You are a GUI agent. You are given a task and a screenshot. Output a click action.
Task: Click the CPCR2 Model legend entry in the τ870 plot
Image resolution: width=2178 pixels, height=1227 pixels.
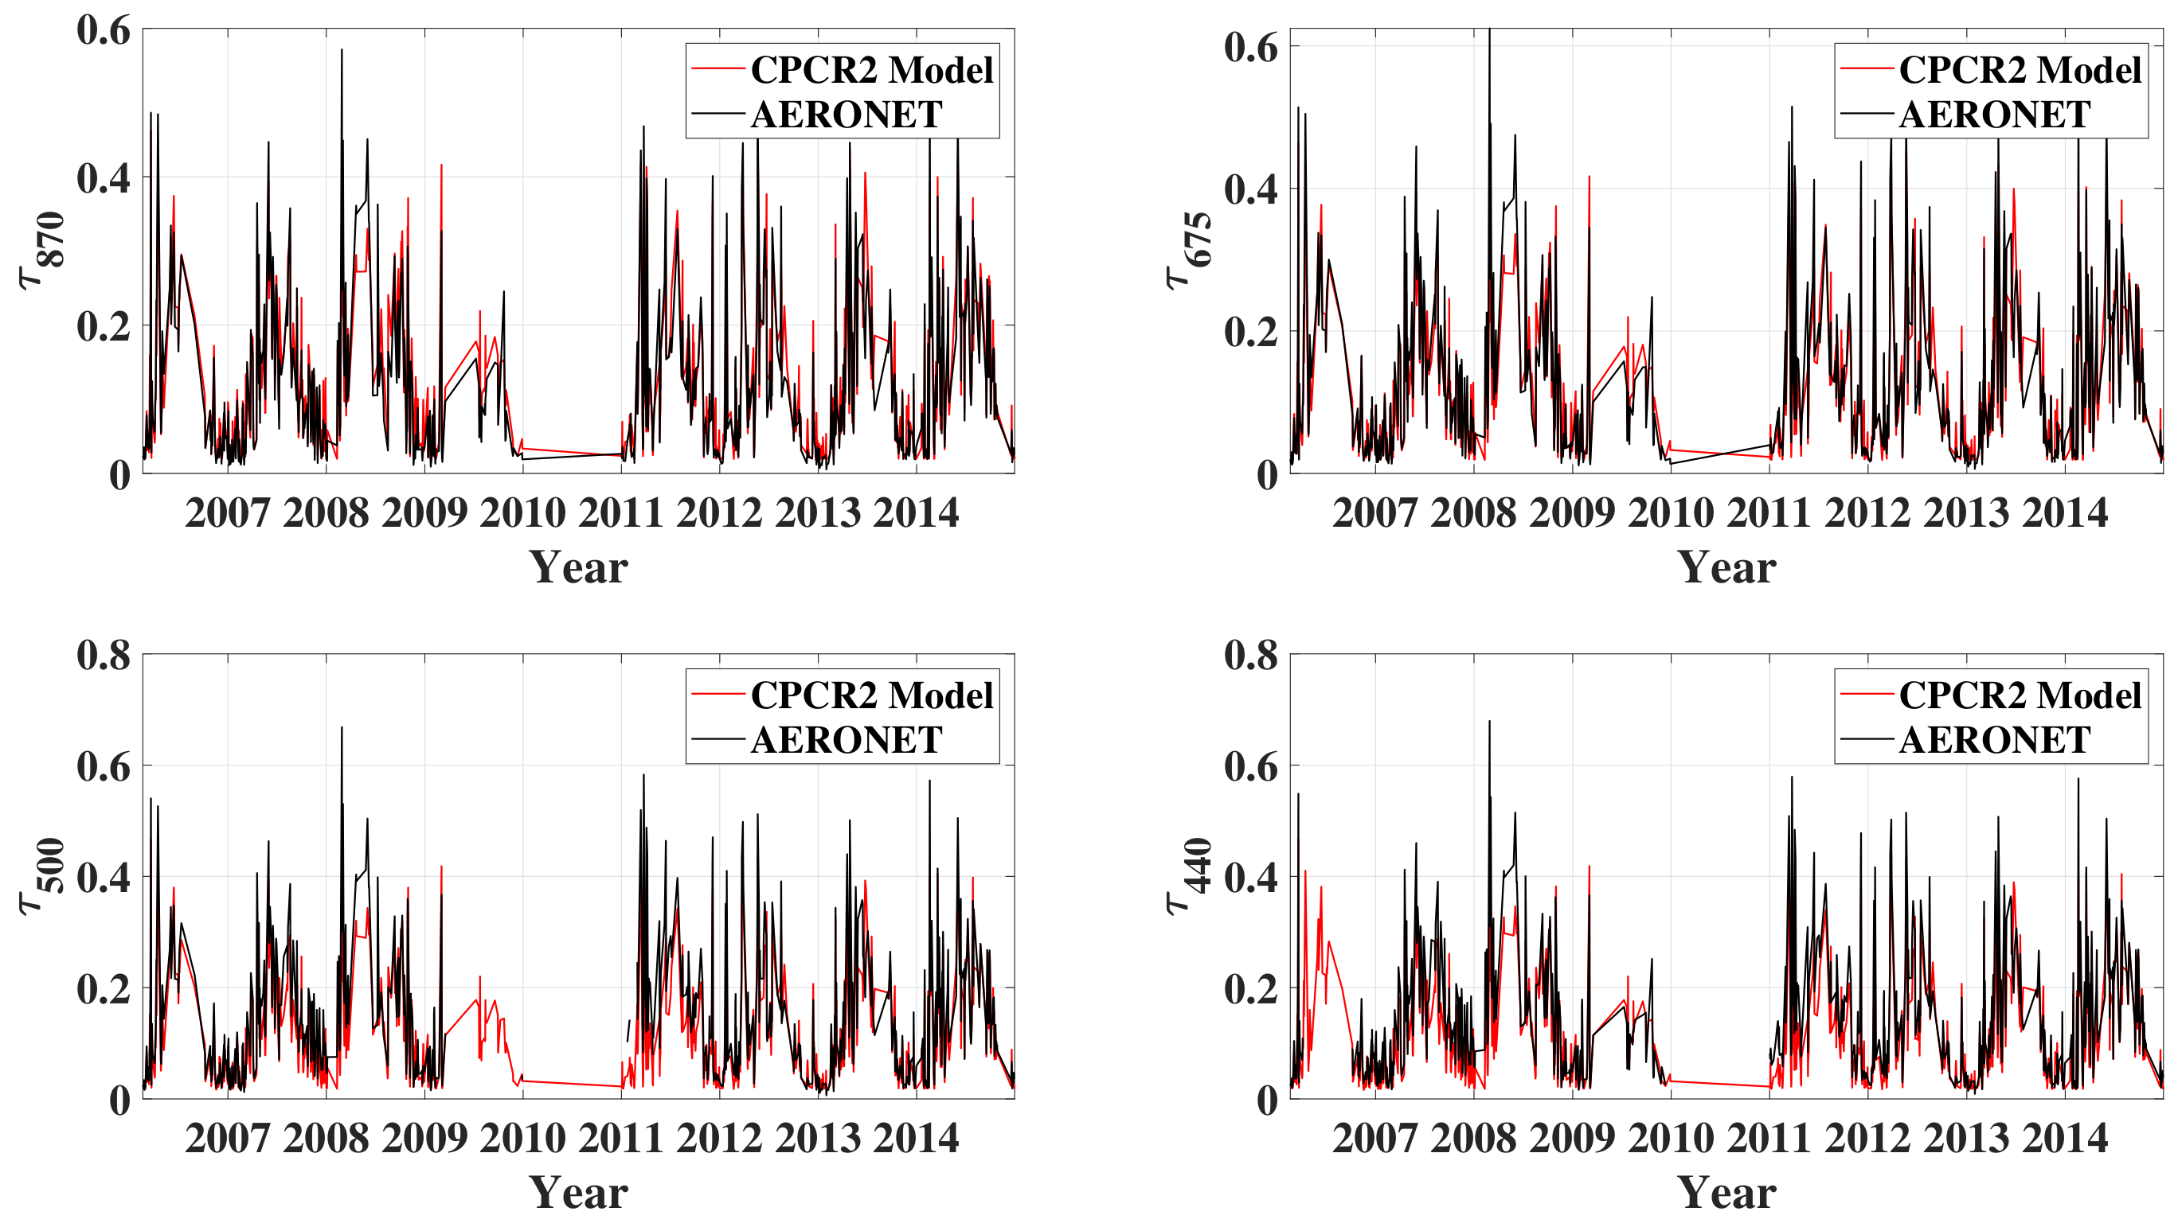click(871, 70)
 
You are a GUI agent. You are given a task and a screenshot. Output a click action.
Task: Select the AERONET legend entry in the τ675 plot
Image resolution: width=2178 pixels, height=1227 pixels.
click(1995, 115)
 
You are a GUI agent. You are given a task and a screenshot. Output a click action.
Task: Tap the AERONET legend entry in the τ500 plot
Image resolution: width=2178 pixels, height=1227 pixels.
click(846, 740)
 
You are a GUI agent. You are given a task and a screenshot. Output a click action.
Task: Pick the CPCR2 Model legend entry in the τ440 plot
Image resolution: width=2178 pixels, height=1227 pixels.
click(2020, 695)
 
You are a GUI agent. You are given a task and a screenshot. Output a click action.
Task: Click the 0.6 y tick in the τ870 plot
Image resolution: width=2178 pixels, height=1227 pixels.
click(104, 30)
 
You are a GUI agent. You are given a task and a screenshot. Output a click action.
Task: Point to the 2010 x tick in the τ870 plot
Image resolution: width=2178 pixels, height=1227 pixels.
click(522, 513)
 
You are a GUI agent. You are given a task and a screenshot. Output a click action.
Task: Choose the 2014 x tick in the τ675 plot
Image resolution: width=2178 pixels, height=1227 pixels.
click(2065, 513)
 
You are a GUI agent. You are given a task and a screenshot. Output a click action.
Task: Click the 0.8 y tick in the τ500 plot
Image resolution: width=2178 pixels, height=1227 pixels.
click(104, 655)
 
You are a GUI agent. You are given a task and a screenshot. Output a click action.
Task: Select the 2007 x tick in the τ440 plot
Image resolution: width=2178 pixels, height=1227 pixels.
click(1374, 1138)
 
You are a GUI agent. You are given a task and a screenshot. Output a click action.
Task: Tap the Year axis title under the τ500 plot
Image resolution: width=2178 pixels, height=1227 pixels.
click(579, 1191)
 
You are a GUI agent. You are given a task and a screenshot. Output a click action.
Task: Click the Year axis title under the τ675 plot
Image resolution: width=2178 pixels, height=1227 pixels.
click(1726, 567)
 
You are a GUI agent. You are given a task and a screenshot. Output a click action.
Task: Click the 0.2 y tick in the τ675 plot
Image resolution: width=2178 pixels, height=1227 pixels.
click(1251, 332)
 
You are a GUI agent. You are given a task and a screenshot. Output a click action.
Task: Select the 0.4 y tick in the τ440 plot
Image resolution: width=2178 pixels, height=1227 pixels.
click(1251, 877)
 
